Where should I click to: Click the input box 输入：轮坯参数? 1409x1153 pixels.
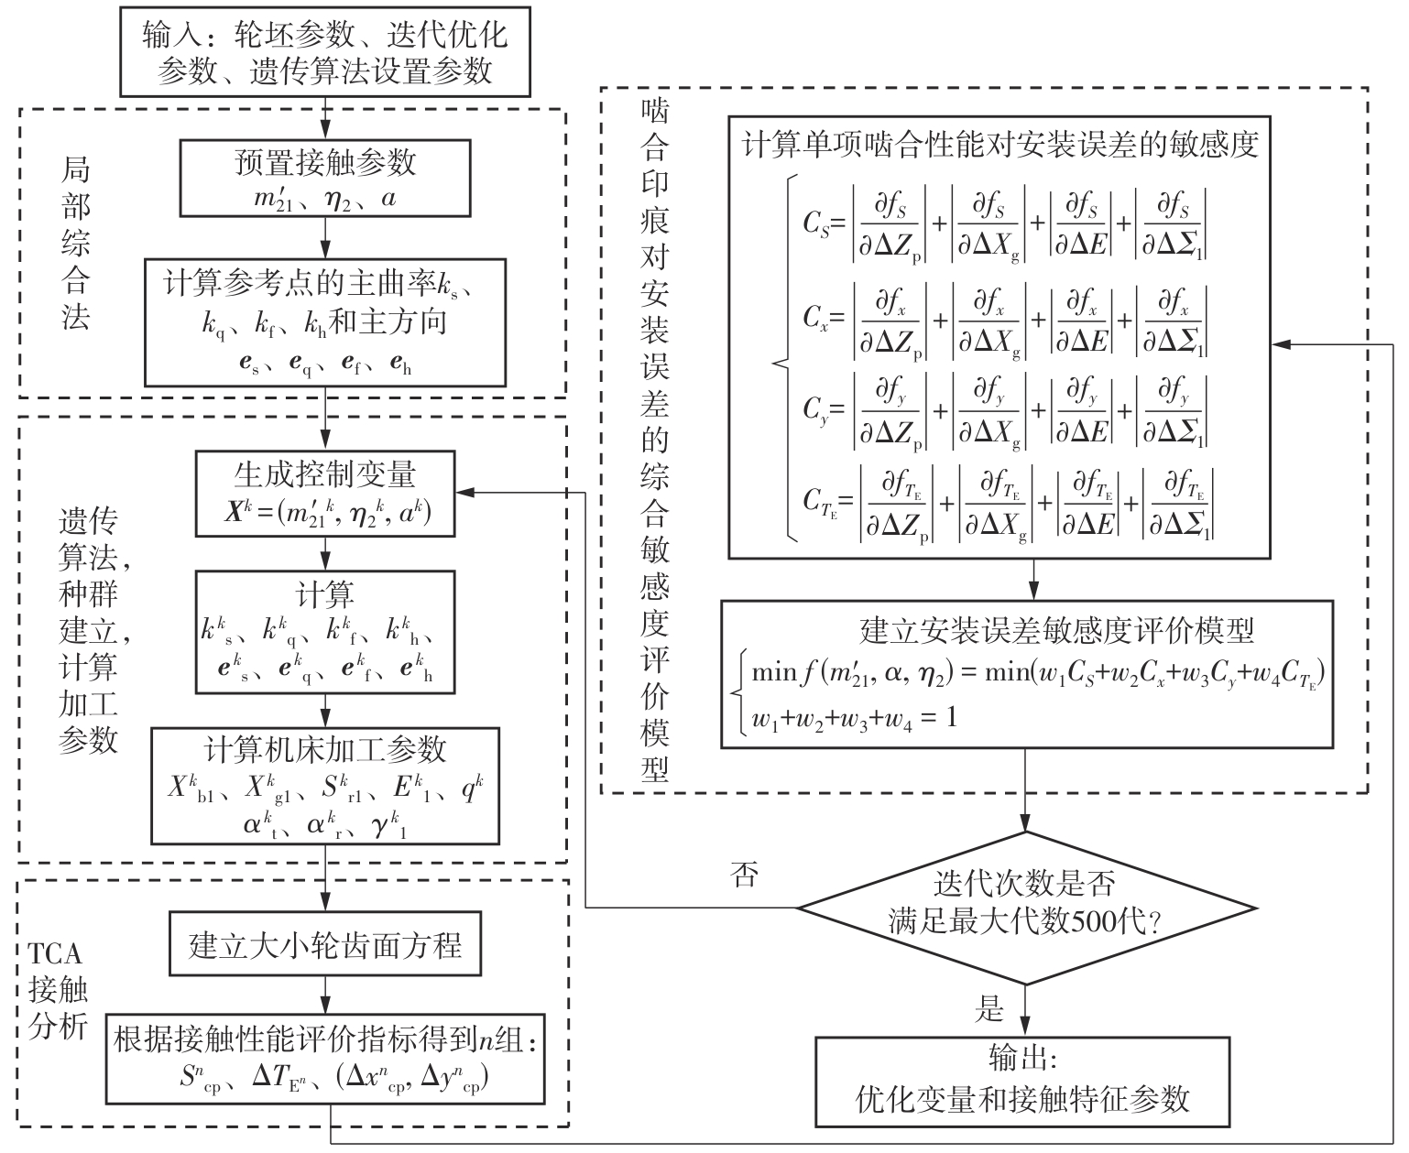point(325,51)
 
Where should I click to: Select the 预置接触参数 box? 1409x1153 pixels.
point(325,178)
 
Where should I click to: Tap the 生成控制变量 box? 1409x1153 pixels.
point(325,493)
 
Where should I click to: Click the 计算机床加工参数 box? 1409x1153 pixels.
point(325,786)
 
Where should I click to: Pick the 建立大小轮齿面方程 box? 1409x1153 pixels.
point(325,944)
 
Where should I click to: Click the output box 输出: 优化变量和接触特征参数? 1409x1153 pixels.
point(1022,1082)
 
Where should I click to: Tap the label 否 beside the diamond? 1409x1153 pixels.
point(744,876)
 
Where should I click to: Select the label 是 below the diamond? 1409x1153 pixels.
point(989,1009)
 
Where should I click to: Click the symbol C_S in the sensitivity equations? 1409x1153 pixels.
point(816,223)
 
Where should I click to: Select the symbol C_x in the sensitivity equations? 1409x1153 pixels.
point(816,318)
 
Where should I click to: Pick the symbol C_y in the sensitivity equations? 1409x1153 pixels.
point(816,409)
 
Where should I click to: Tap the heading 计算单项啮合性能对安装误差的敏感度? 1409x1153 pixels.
point(999,145)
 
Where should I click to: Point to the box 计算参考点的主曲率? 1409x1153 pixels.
point(325,321)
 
